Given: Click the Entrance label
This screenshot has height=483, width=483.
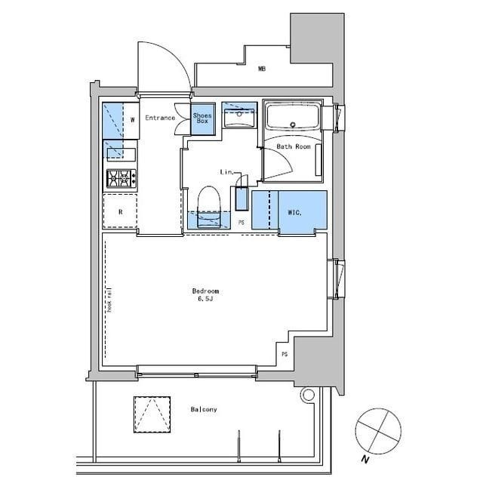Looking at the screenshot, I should (x=160, y=118).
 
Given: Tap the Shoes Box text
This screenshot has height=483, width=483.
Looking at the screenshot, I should (x=202, y=118).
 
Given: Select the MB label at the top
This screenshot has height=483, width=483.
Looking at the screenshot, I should (x=261, y=69).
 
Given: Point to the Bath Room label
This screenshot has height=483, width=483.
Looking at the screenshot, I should (x=294, y=146).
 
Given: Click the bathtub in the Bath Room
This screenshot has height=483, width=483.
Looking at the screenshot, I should (x=293, y=118).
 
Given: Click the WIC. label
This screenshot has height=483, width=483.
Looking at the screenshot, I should (x=294, y=213).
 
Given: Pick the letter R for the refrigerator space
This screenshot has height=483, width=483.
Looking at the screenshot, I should (x=120, y=212).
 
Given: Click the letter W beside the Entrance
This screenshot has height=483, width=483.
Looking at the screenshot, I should (x=131, y=119).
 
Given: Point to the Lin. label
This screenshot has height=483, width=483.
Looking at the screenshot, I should (x=226, y=171).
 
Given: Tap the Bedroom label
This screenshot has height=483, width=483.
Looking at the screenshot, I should (x=205, y=291).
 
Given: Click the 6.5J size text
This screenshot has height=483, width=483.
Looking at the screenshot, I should (x=205, y=300).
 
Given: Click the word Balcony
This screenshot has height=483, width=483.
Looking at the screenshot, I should (x=204, y=410).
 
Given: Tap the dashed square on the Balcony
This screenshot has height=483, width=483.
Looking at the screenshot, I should (x=152, y=414).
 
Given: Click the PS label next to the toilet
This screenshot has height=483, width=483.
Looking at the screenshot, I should (x=241, y=223).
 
